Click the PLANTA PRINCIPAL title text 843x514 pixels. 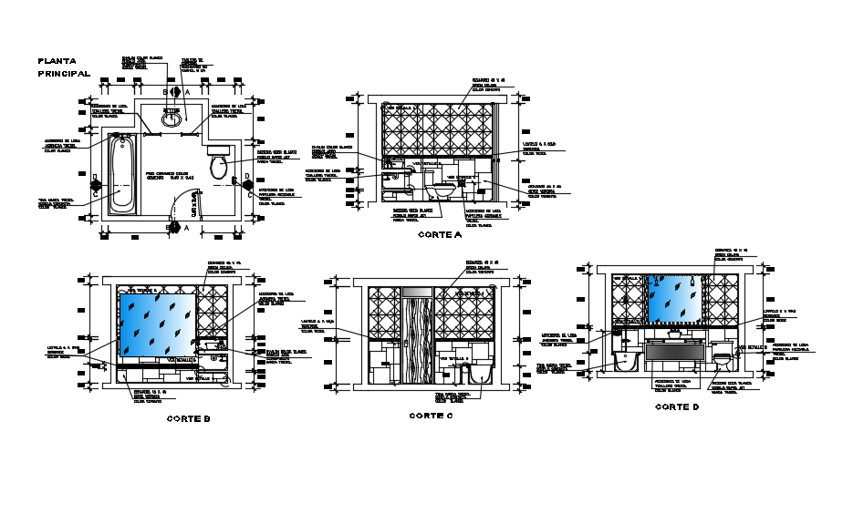[x=63, y=67]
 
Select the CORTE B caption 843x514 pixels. [x=189, y=419]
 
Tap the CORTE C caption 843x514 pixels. [x=431, y=416]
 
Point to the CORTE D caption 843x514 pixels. [x=677, y=406]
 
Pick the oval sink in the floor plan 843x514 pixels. [x=171, y=118]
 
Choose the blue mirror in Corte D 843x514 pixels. [x=674, y=299]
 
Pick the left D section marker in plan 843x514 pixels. [x=95, y=180]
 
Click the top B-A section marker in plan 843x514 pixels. [x=176, y=93]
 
